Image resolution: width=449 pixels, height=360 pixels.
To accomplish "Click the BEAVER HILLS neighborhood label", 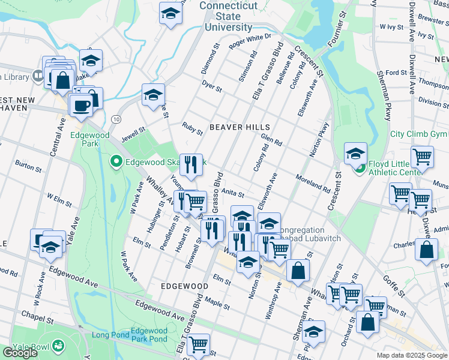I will (240, 127).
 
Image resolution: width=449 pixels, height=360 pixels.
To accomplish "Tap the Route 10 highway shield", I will (116, 119).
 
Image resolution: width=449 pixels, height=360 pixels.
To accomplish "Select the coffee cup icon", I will (80, 105).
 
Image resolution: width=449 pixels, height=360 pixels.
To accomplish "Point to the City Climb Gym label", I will (419, 134).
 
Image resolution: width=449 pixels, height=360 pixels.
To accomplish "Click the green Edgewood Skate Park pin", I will (116, 161).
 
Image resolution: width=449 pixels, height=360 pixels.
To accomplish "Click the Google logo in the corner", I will (20, 353).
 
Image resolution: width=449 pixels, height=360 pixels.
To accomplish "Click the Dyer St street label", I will (212, 86).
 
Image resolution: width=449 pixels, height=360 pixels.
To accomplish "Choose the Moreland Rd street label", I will (313, 182).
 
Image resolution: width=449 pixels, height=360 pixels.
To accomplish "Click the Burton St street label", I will (27, 166).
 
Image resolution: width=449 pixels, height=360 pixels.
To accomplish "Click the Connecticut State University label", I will (228, 16).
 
